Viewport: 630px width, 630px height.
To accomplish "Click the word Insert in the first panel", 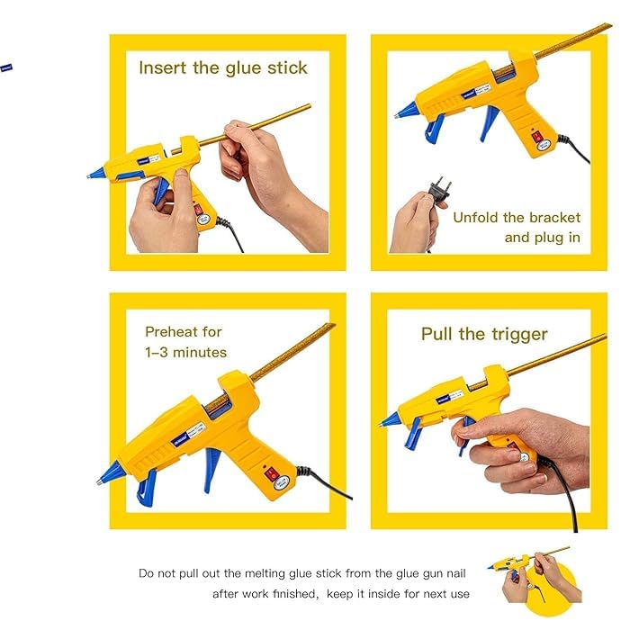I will (162, 68).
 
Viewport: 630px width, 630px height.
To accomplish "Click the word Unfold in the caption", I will (478, 218).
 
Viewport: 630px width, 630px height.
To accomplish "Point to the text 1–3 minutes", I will (186, 352).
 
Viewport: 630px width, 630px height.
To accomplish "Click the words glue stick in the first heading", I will (266, 68).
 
